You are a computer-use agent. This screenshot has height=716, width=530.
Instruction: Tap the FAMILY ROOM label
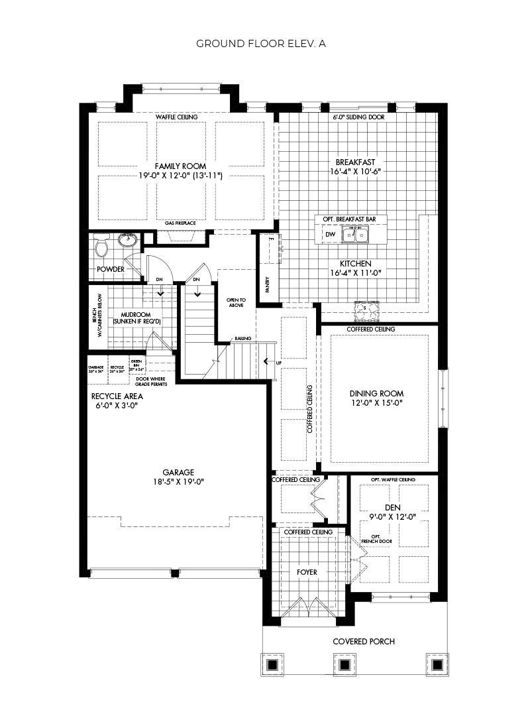coord(180,166)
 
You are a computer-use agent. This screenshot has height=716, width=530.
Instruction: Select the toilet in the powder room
coord(101,247)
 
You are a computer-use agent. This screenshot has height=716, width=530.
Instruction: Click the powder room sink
coord(126,239)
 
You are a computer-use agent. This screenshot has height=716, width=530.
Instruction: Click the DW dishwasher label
coord(330,235)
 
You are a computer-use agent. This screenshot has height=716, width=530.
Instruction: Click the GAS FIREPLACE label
coord(180,223)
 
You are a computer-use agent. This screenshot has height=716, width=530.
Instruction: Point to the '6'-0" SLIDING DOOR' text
coord(358,117)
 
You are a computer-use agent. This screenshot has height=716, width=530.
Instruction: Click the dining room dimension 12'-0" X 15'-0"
coord(376,402)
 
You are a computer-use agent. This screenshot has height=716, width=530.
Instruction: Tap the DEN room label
coord(392,507)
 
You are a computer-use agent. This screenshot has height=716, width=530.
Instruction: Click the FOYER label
coord(307,571)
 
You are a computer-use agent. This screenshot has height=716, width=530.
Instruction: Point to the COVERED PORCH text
coord(364,641)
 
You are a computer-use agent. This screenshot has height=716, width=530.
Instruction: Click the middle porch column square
coord(344,664)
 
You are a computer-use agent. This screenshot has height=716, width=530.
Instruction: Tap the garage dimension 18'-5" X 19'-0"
coord(173,482)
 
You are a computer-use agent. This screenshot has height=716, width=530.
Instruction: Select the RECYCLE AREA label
coord(117,396)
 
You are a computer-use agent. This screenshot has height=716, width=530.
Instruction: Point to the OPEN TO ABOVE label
coord(236,303)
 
